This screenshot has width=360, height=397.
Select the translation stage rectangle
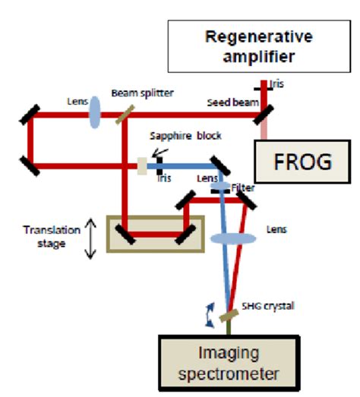[x=156, y=234]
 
